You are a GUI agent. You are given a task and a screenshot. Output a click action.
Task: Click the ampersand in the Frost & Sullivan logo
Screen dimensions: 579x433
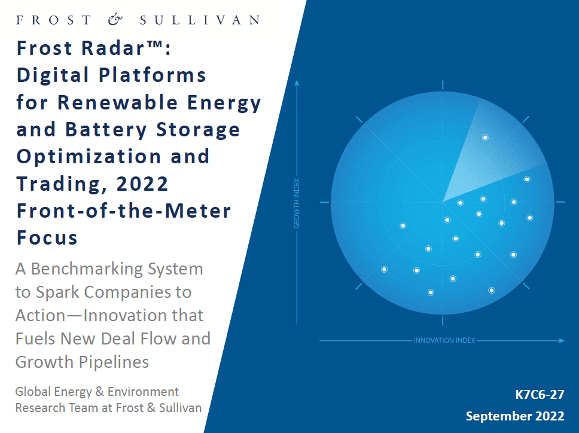tap(115, 20)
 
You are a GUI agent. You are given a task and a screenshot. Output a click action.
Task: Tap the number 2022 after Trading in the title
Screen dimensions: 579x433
tap(142, 184)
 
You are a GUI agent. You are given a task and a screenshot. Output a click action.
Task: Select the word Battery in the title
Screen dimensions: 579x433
tap(106, 130)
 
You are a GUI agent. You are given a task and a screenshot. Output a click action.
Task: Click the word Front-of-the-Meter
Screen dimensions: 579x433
tap(124, 211)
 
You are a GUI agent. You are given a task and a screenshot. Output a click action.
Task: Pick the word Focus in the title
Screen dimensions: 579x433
tap(47, 237)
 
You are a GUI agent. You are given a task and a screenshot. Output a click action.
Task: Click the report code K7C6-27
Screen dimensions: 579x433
tap(540, 395)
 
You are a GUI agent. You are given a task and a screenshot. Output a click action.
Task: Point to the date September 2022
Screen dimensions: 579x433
tap(515, 416)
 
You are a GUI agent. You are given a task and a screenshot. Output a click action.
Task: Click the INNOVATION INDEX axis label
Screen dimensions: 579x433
tap(444, 340)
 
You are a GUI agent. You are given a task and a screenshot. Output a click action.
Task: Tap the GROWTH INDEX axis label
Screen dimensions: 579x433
tap(297, 203)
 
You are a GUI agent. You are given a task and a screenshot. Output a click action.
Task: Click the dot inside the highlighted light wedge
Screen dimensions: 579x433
tap(485, 138)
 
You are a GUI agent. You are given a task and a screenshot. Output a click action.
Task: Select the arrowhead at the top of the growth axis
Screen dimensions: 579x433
tap(297, 83)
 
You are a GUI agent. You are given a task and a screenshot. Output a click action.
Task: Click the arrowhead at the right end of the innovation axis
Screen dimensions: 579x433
tap(562, 340)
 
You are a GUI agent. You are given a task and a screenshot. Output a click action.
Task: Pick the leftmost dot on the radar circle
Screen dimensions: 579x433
tap(384, 270)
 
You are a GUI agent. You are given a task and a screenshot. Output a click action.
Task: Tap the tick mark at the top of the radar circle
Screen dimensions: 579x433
tap(443, 85)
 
